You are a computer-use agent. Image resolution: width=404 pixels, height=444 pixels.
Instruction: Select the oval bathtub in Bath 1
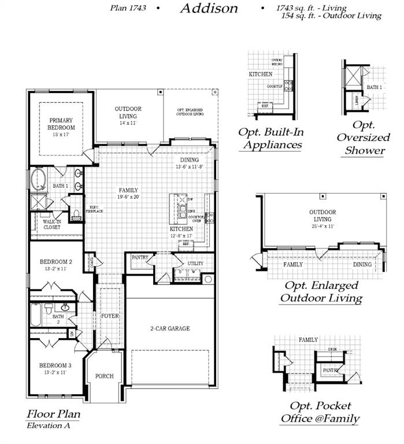(x=39, y=179)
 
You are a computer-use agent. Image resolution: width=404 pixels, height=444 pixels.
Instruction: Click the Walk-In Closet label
(x=52, y=224)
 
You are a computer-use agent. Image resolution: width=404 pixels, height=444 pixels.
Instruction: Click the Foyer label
(x=110, y=316)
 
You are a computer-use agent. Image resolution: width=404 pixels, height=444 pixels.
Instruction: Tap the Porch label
(x=105, y=376)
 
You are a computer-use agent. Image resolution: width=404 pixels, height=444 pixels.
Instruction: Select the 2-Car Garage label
(x=170, y=328)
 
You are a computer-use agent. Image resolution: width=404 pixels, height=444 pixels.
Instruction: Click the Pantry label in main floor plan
(x=140, y=258)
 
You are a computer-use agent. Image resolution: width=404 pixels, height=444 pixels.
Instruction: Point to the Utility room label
(x=195, y=263)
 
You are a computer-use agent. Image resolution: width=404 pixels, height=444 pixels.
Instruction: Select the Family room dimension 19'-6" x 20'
(x=128, y=197)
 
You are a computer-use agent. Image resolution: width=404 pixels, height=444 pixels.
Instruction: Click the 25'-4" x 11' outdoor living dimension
(x=323, y=227)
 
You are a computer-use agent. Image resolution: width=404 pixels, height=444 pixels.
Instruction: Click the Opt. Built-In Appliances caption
(x=271, y=138)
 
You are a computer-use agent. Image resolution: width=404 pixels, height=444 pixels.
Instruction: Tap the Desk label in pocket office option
(x=332, y=349)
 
